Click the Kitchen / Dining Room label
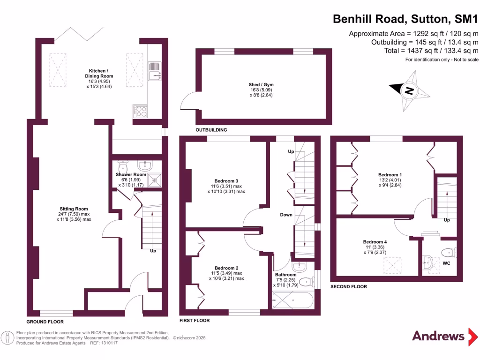click(99, 73)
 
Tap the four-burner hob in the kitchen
click(140, 111)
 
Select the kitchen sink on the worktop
click(154, 74)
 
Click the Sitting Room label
click(74, 209)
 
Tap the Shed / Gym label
click(261, 85)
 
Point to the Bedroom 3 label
click(226, 181)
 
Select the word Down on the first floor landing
click(286, 215)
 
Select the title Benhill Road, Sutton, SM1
click(405, 19)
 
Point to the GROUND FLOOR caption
click(45, 322)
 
